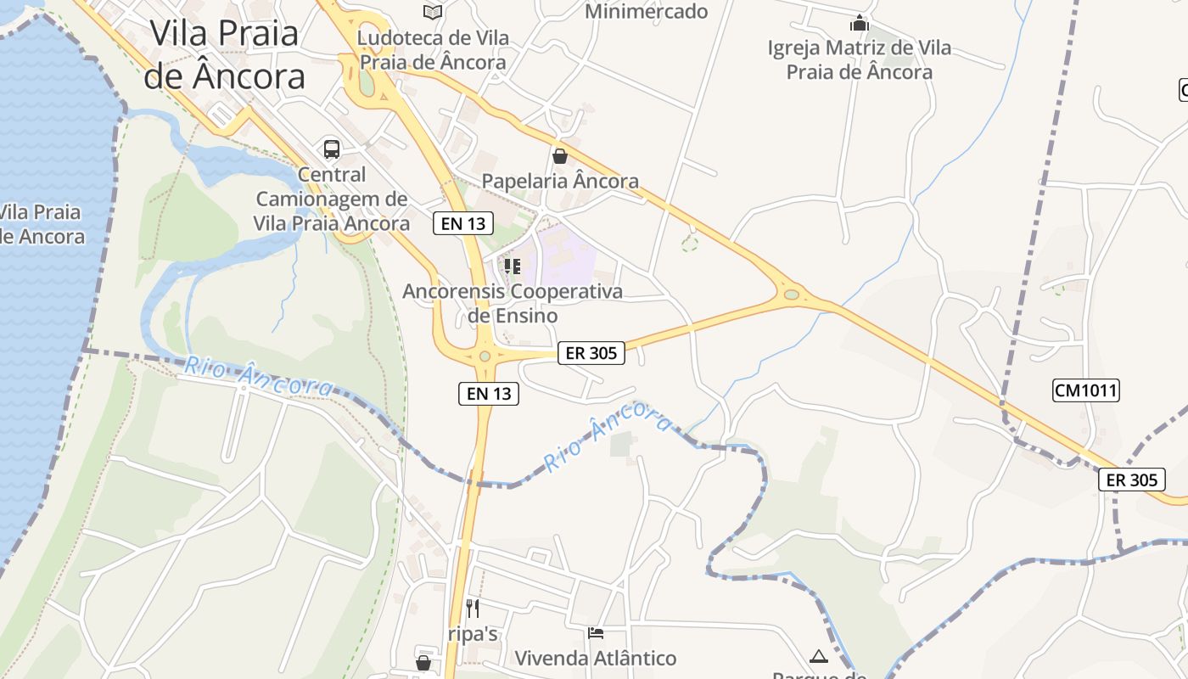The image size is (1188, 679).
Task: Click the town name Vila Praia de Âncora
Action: click(x=224, y=54)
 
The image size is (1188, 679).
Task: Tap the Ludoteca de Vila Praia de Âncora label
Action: click(x=433, y=50)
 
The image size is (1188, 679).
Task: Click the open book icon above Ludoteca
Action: click(x=433, y=12)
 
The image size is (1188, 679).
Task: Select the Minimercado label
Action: click(x=647, y=11)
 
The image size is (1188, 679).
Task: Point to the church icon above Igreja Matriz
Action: click(x=860, y=23)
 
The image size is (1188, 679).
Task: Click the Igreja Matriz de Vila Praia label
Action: click(x=860, y=59)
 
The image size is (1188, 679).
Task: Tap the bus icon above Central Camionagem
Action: click(x=332, y=149)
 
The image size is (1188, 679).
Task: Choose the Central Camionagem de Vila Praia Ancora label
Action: click(x=332, y=199)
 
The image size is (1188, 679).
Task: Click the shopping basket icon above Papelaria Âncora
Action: click(x=559, y=156)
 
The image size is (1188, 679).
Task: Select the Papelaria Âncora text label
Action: click(x=560, y=181)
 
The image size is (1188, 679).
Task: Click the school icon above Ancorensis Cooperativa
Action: click(x=512, y=267)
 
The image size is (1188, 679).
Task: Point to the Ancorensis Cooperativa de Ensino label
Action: click(x=513, y=303)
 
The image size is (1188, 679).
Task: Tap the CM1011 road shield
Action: click(x=1086, y=390)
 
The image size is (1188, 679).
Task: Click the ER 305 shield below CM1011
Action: click(x=1132, y=480)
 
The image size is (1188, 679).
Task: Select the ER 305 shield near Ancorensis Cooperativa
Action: click(x=591, y=353)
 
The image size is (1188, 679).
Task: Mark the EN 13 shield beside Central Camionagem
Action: click(x=463, y=223)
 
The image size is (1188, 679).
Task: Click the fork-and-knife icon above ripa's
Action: click(x=473, y=608)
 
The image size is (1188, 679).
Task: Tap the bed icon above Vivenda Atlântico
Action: click(x=596, y=633)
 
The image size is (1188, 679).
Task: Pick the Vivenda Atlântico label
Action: click(x=596, y=658)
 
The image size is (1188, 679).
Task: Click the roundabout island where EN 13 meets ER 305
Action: click(x=485, y=356)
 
